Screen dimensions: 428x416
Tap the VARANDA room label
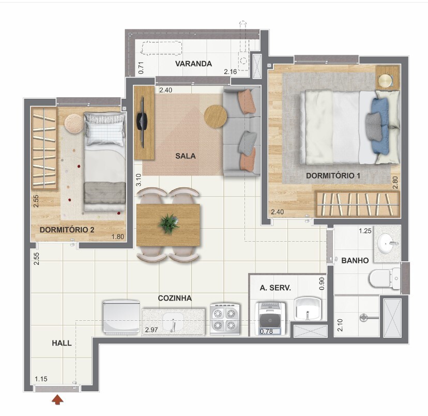[193, 64]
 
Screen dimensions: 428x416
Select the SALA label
[186, 156]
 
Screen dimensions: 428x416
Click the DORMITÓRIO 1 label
[333, 175]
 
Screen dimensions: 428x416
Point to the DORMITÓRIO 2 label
[67, 230]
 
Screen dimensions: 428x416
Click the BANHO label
[355, 260]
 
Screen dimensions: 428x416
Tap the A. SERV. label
[276, 288]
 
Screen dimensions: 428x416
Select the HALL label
[62, 343]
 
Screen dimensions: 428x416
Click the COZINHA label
[175, 298]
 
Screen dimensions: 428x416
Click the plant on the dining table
[169, 224]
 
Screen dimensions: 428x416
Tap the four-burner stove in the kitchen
[225, 319]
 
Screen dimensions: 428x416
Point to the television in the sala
[142, 122]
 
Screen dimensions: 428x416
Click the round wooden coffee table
[216, 116]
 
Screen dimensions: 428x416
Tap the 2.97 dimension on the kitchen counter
[151, 330]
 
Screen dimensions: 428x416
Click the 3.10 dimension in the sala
[139, 180]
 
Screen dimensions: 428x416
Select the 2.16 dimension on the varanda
[231, 72]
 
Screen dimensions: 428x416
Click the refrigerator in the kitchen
[121, 318]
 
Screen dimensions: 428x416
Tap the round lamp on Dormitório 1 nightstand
[386, 81]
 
